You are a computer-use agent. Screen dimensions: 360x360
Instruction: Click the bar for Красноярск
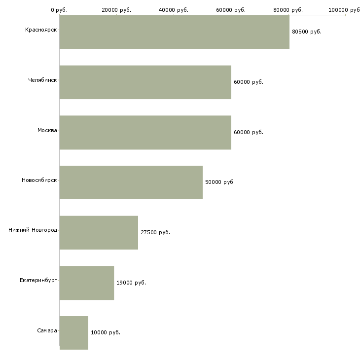(175, 32)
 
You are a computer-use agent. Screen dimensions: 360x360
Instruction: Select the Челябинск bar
(145, 82)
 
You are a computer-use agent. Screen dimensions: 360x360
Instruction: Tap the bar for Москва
(145, 133)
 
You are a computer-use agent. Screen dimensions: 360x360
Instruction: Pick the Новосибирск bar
(131, 182)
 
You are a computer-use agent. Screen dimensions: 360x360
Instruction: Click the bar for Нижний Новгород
(99, 233)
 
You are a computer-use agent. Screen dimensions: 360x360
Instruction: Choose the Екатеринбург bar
(87, 283)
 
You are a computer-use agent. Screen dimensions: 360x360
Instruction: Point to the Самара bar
(74, 333)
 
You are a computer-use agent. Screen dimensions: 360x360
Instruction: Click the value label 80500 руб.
(307, 32)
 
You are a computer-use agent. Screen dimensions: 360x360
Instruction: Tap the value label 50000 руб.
(220, 182)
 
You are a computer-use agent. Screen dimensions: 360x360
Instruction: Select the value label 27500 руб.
(155, 232)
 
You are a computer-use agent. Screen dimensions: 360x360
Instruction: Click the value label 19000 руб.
(131, 283)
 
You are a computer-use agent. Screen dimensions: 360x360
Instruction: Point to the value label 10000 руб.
(106, 332)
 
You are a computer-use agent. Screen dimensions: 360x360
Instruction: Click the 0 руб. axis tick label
(59, 10)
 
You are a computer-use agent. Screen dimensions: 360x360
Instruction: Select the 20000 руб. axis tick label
(116, 10)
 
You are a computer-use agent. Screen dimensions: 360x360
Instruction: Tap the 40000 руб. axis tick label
(174, 10)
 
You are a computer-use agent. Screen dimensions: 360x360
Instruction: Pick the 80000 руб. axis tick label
(288, 10)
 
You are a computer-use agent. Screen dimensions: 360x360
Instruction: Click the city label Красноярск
(41, 30)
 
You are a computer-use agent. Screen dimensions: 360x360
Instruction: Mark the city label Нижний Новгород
(33, 230)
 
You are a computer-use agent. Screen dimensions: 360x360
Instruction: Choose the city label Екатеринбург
(38, 280)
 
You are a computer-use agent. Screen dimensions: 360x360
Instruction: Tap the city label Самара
(47, 330)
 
